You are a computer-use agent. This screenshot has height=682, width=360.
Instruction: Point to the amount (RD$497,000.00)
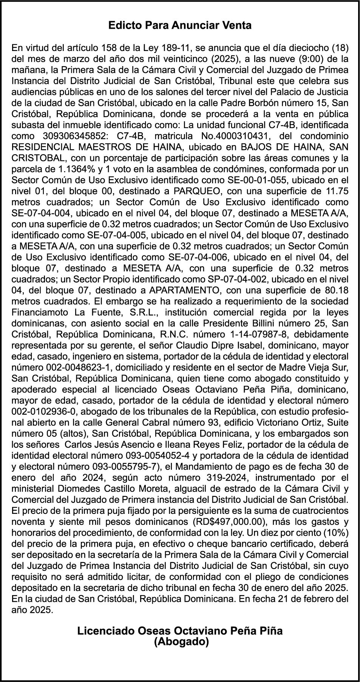[x=227, y=522]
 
